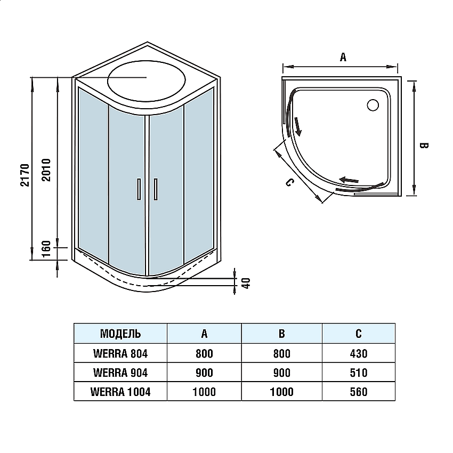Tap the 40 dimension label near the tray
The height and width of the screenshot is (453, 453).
(246, 282)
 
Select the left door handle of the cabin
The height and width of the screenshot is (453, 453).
(137, 189)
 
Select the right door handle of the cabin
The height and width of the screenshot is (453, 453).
(156, 189)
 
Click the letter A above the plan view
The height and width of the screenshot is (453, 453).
(343, 58)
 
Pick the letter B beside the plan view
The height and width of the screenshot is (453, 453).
(424, 145)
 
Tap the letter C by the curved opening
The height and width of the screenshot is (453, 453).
(288, 183)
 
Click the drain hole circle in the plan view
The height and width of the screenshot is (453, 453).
(371, 106)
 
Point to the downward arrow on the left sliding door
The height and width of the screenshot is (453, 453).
(298, 126)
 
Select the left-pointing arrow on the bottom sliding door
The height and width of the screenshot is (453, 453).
(350, 179)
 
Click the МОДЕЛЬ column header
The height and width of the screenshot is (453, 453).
(120, 334)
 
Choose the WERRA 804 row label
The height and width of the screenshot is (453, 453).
(120, 353)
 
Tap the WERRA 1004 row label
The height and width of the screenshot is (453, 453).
(120, 392)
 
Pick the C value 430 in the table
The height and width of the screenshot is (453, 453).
(359, 353)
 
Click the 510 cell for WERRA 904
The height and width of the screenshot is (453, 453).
(359, 373)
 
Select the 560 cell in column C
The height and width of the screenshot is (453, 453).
(359, 392)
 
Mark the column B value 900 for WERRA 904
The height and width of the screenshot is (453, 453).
(281, 373)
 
